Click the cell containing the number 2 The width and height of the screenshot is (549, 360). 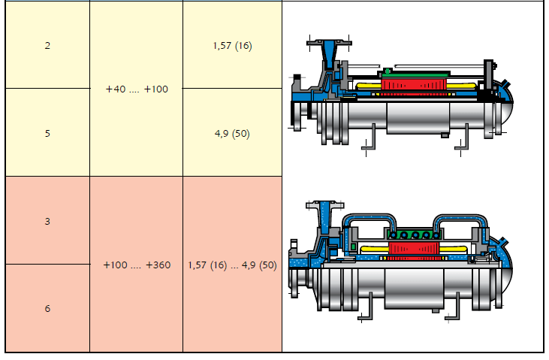[x=47, y=45]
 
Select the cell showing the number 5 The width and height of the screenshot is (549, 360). [x=47, y=132]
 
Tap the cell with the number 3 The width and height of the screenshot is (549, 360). [x=47, y=220]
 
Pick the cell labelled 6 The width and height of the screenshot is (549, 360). [x=47, y=308]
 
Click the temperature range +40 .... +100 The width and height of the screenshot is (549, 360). [x=137, y=89]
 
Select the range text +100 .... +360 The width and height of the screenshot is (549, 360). [x=137, y=265]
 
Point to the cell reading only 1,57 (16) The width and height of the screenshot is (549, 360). [x=233, y=45]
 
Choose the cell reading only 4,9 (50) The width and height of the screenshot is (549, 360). [x=233, y=132]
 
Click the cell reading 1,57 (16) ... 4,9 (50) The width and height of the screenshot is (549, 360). [x=233, y=265]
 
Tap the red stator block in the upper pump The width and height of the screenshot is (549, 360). [x=414, y=84]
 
